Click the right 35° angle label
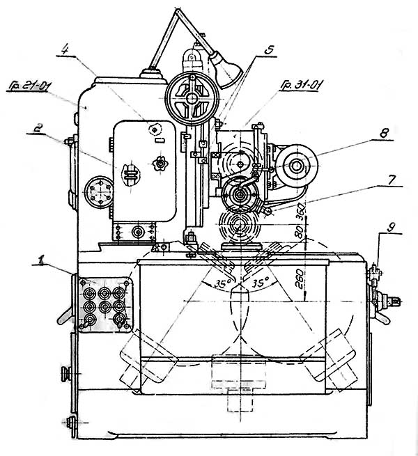[x=261, y=284]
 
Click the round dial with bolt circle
[x=95, y=191]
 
